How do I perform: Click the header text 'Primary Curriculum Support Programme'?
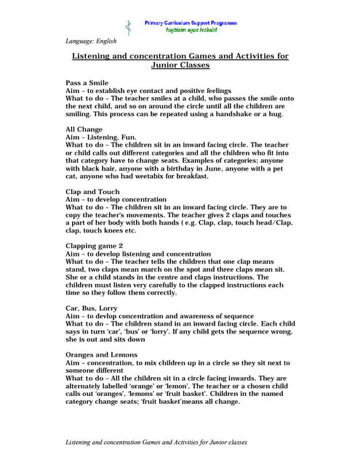(x=191, y=23)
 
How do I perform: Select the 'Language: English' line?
(x=91, y=41)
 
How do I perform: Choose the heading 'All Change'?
(x=84, y=129)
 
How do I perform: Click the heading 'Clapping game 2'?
(x=95, y=245)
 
